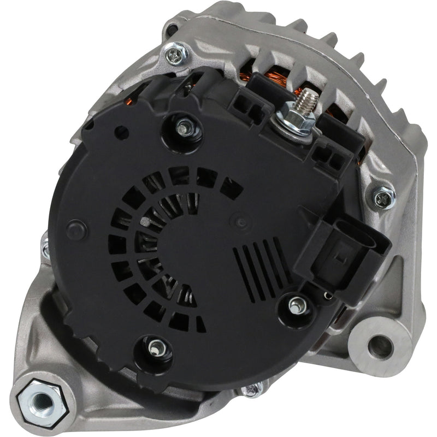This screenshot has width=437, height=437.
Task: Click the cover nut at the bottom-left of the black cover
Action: click(157, 347)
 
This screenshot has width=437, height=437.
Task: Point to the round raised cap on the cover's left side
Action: click(76, 229)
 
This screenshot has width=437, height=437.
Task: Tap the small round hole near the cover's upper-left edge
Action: click(121, 132)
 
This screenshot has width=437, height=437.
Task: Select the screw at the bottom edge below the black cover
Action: click(252, 389)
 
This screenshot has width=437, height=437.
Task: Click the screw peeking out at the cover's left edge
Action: click(45, 249)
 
